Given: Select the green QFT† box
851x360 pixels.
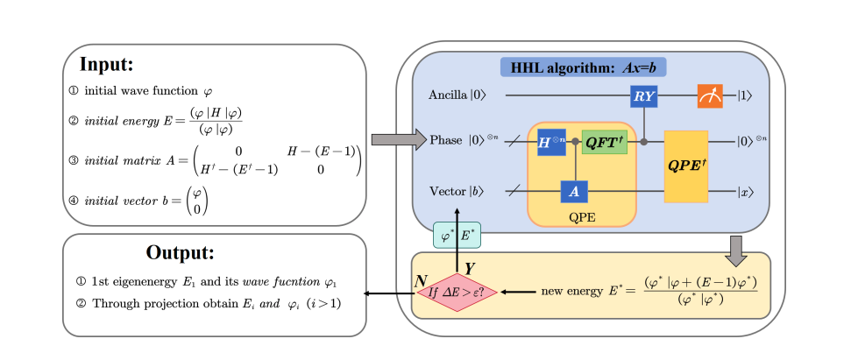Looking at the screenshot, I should point(604,140).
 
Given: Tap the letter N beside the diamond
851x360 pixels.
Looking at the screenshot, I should point(422,281).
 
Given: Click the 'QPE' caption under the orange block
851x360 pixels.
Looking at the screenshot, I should point(580,217).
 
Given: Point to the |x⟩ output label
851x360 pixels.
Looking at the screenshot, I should point(747,191).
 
